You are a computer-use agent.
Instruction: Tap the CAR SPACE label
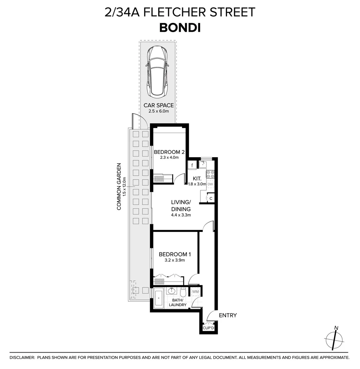pyautogui.click(x=158, y=105)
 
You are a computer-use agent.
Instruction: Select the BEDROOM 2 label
pyautogui.click(x=169, y=152)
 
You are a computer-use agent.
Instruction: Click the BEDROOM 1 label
pyautogui.click(x=175, y=254)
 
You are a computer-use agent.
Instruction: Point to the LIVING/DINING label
pyautogui.click(x=181, y=206)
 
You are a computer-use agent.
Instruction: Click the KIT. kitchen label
pyautogui.click(x=197, y=178)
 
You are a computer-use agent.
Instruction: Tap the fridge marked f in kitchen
pyautogui.click(x=192, y=166)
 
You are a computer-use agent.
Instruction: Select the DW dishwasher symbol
pyautogui.click(x=211, y=184)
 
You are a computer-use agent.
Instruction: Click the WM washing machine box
pyautogui.click(x=196, y=291)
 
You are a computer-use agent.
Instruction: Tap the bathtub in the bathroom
pyautogui.click(x=159, y=298)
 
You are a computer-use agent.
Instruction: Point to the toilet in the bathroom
pyautogui.click(x=183, y=292)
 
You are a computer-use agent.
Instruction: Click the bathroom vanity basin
pyautogui.click(x=172, y=291)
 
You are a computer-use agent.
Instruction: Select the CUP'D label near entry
pyautogui.click(x=208, y=328)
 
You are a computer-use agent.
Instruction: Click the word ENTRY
pyautogui.click(x=228, y=315)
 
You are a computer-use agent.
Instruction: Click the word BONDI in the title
pyautogui.click(x=180, y=28)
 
